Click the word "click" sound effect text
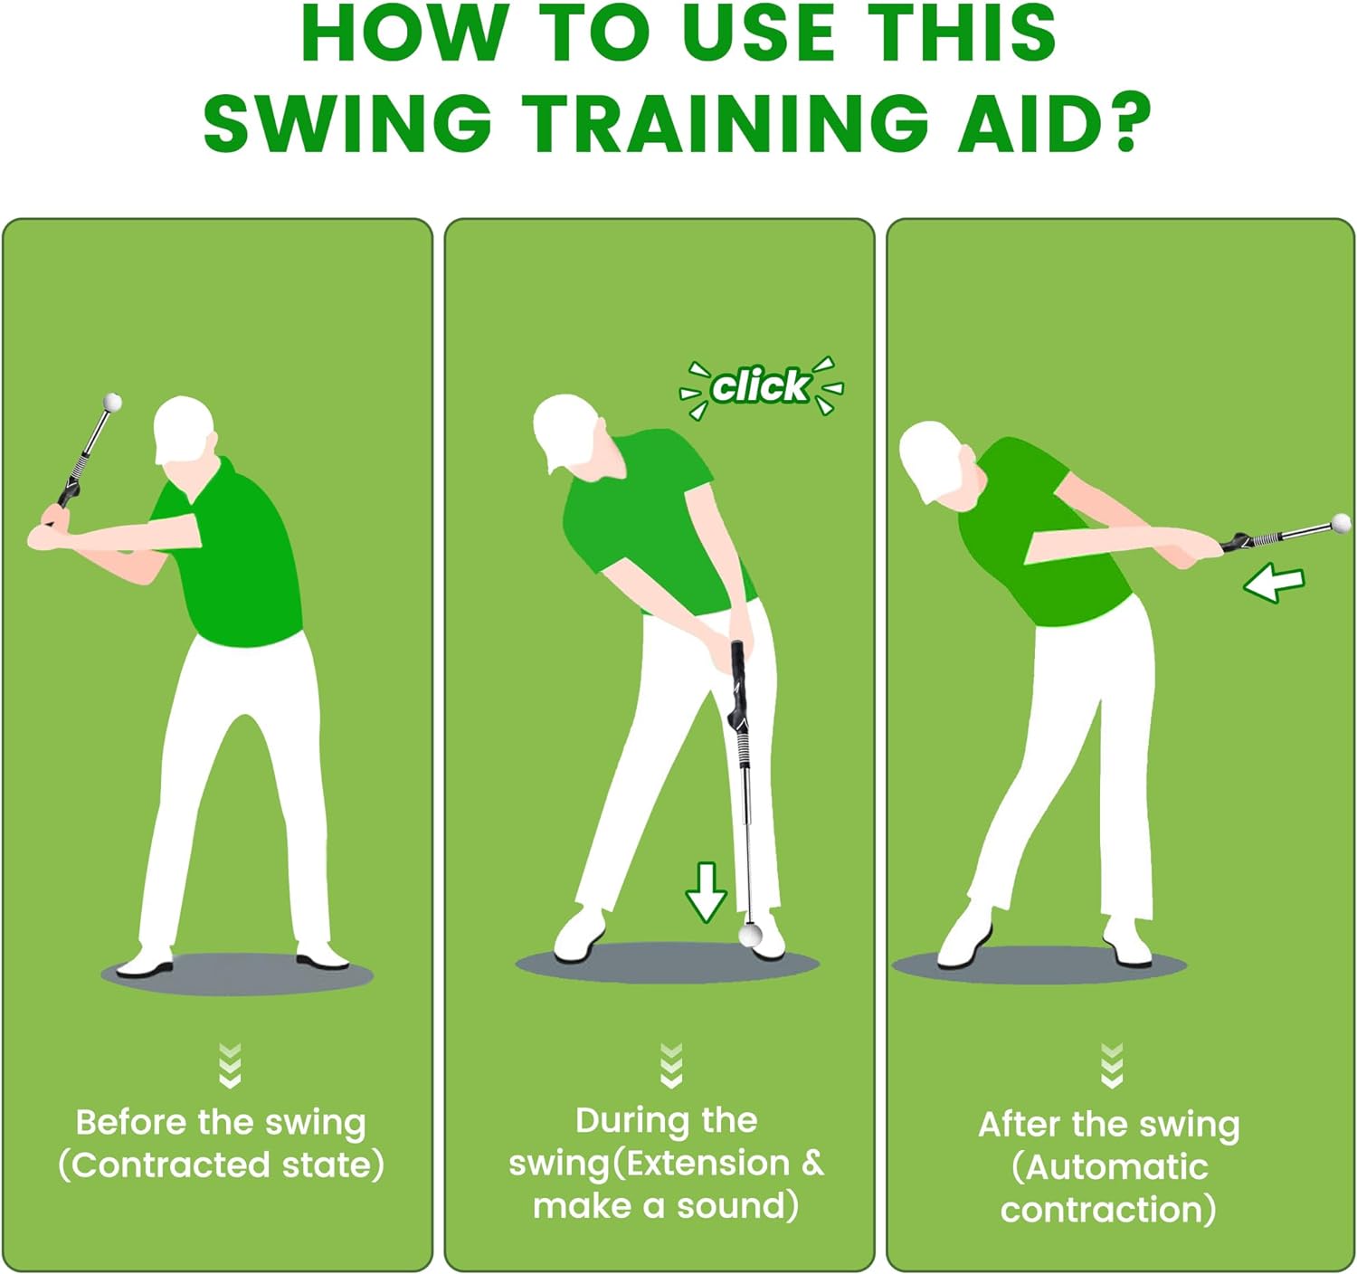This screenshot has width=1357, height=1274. tap(761, 386)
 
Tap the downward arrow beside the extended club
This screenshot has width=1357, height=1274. tap(706, 892)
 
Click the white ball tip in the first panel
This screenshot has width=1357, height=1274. tap(113, 402)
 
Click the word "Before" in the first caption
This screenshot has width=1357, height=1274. tap(132, 1122)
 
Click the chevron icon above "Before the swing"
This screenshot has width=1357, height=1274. tap(230, 1065)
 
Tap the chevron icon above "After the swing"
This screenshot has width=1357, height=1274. tap(1112, 1065)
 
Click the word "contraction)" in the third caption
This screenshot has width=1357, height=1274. tap(1108, 1210)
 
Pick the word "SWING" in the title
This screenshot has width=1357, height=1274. tap(348, 124)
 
